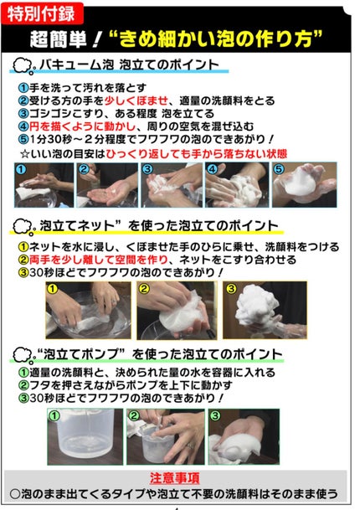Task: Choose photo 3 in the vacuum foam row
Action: [x=172, y=185]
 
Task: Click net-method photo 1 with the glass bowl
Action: [x=83, y=310]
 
